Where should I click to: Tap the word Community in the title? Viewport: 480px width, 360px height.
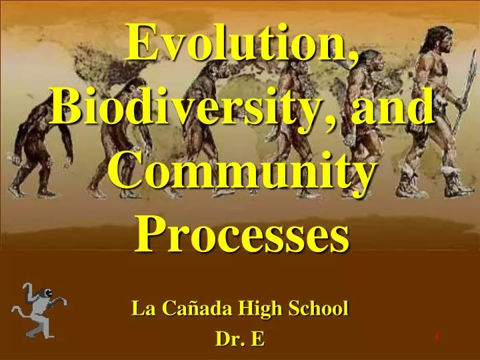[x=240, y=172]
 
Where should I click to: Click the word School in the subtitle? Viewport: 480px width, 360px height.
[x=320, y=309]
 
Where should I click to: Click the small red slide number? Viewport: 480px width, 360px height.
[x=437, y=337]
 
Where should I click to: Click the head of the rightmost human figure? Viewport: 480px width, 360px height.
[x=440, y=40]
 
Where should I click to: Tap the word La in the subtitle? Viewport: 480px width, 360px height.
[x=140, y=309]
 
